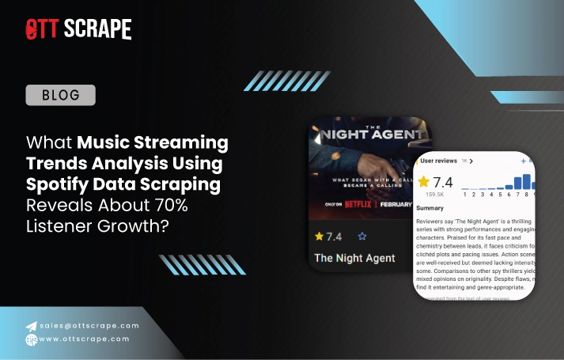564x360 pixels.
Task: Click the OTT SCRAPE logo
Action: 78,29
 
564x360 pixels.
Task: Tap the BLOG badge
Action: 61,96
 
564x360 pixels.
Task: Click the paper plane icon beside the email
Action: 31,325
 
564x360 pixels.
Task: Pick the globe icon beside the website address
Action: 31,340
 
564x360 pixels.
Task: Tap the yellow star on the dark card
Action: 319,236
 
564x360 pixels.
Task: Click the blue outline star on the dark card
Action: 362,236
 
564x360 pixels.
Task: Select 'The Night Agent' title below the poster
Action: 354,258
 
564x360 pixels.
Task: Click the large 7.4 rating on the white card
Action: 442,184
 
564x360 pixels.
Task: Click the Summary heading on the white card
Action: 430,209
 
